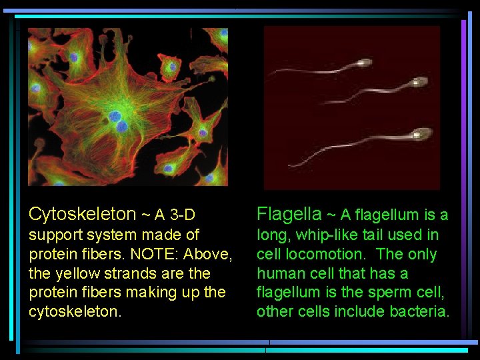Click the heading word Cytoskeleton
pos(82,214)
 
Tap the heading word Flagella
pos(289,214)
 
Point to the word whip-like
pos(325,235)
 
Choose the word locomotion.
pos(311,254)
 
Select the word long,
pos(273,235)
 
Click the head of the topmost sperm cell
pos(363,63)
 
